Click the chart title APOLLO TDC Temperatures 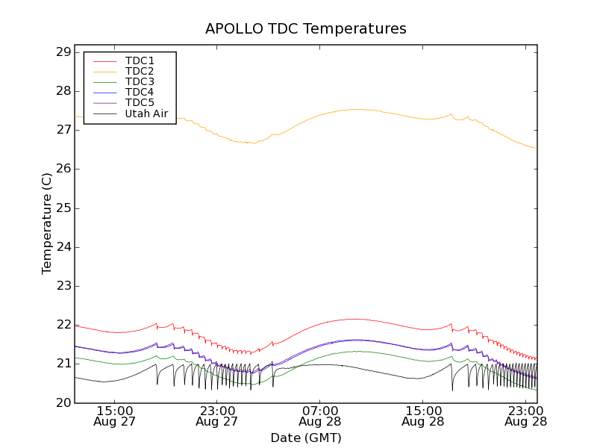(x=306, y=28)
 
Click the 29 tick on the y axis (x=62, y=52)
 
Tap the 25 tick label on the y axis (x=62, y=208)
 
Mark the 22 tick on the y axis (x=62, y=325)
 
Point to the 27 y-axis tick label (x=62, y=130)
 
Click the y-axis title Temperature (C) (x=47, y=224)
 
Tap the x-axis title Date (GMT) (x=306, y=438)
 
